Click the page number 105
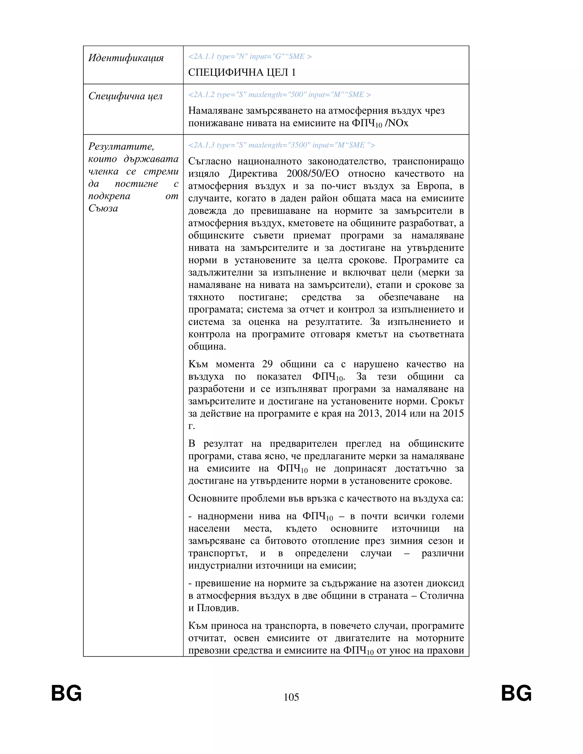291,697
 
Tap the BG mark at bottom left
66,693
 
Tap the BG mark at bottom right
516,693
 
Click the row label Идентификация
126,58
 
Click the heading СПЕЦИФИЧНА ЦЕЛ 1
242,73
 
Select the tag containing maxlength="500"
280,94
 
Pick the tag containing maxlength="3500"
282,145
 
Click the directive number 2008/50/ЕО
313,174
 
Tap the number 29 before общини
267,364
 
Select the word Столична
442,596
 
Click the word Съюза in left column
103,208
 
